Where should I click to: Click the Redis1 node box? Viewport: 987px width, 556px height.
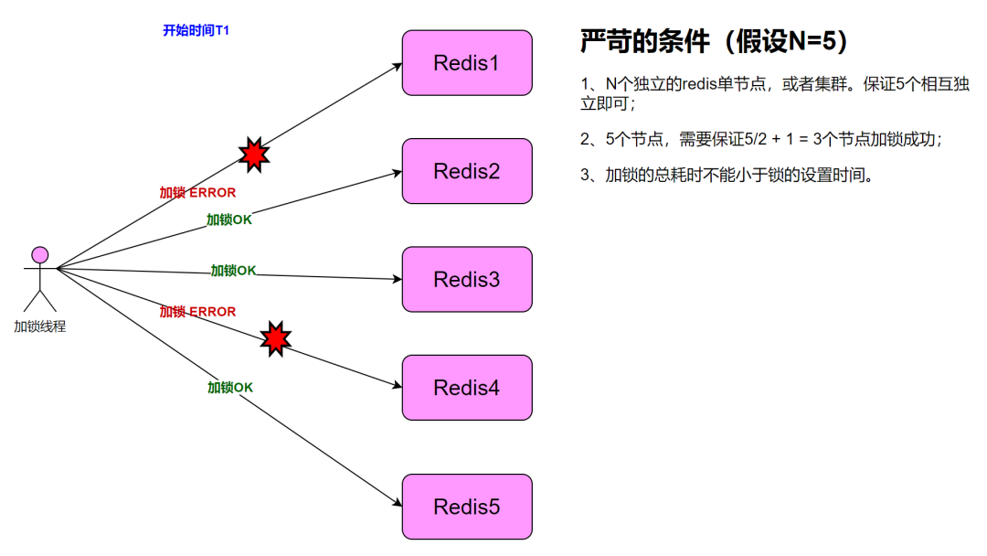point(467,63)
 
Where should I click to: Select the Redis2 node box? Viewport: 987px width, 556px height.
point(467,171)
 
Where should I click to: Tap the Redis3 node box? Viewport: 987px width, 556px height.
point(467,279)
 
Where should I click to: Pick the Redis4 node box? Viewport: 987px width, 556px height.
point(467,388)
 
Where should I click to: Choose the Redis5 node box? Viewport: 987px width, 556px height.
point(467,507)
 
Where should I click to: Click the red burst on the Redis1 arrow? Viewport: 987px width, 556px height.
point(254,154)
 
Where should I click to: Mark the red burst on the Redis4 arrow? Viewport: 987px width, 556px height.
point(275,339)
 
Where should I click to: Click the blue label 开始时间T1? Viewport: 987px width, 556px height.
point(196,30)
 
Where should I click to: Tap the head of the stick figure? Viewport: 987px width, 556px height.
point(39,253)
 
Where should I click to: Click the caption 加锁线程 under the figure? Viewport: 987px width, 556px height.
point(39,326)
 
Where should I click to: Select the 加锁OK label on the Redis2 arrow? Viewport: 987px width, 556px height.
point(229,219)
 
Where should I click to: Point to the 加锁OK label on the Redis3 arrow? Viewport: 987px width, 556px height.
point(234,270)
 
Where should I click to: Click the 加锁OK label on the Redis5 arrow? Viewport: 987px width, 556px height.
point(230,387)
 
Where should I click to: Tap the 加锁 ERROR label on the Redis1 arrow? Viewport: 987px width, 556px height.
point(197,193)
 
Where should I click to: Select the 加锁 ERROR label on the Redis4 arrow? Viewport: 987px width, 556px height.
point(197,312)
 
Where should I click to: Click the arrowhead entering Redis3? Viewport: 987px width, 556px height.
point(398,279)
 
